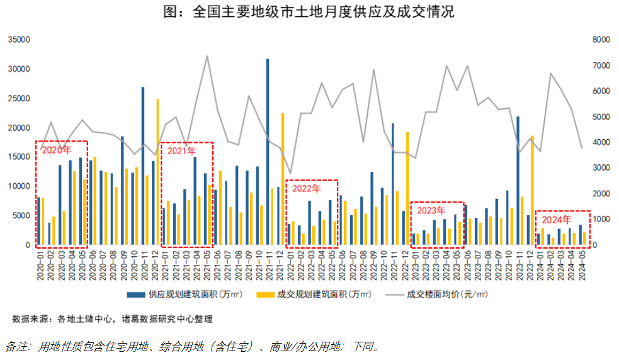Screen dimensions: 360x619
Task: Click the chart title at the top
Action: point(309,11)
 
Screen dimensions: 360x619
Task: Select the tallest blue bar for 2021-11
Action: point(268,151)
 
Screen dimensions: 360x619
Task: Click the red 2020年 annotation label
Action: point(57,150)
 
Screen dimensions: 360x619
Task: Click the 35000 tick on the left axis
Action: point(18,40)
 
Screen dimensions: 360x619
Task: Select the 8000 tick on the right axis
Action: point(602,40)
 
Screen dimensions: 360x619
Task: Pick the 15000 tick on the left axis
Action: point(18,157)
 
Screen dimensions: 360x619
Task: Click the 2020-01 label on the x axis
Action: point(40,264)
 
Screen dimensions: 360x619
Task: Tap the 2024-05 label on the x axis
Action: point(582,264)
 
